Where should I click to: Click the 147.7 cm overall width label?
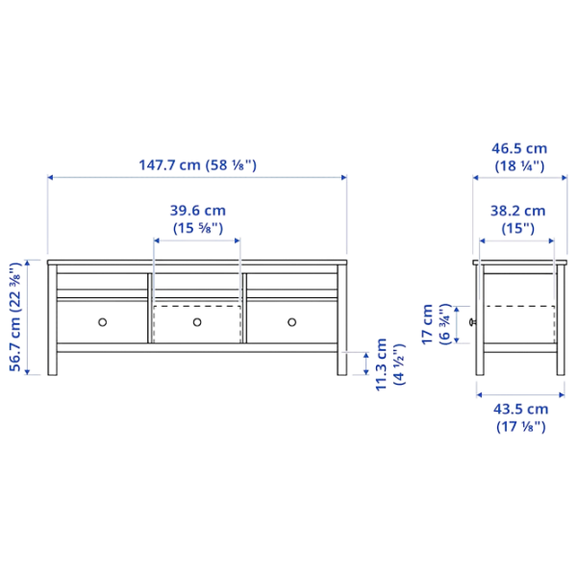pyautogui.click(x=167, y=164)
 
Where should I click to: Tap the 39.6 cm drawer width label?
pyautogui.click(x=197, y=212)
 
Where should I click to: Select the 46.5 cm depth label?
pyautogui.click(x=519, y=149)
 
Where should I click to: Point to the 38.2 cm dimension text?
pyautogui.click(x=517, y=212)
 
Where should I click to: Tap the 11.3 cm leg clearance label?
pyautogui.click(x=383, y=364)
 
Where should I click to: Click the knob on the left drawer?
pyautogui.click(x=102, y=321)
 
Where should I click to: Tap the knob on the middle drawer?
pyautogui.click(x=197, y=321)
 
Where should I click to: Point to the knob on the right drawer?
pyautogui.click(x=291, y=321)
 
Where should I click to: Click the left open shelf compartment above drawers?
pyautogui.click(x=102, y=281)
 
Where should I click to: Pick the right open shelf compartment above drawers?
pyautogui.click(x=291, y=281)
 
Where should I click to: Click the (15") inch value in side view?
pyautogui.click(x=517, y=228)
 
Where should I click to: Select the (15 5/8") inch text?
pyautogui.click(x=197, y=228)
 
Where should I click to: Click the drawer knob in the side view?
pyautogui.click(x=470, y=324)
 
